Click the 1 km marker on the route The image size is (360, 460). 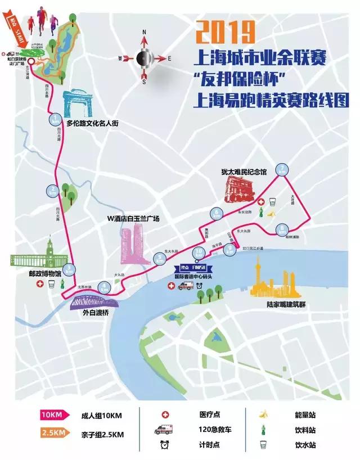click(55, 119)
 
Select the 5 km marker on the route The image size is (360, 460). click(160, 259)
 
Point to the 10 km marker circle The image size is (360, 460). click(198, 253)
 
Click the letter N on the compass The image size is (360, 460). click(144, 32)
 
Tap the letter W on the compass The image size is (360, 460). click(120, 58)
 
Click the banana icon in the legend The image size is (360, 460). click(262, 415)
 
